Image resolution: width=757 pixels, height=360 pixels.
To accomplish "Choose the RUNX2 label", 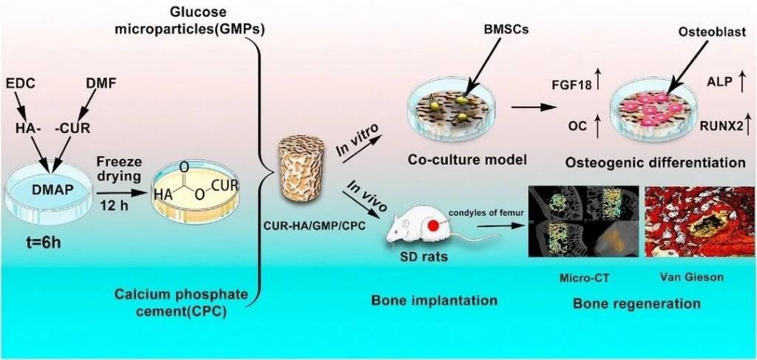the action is pos(722,126).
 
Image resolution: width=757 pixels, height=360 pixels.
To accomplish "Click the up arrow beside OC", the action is pos(597,126).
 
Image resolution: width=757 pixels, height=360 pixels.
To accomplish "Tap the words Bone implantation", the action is pos(434,301).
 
